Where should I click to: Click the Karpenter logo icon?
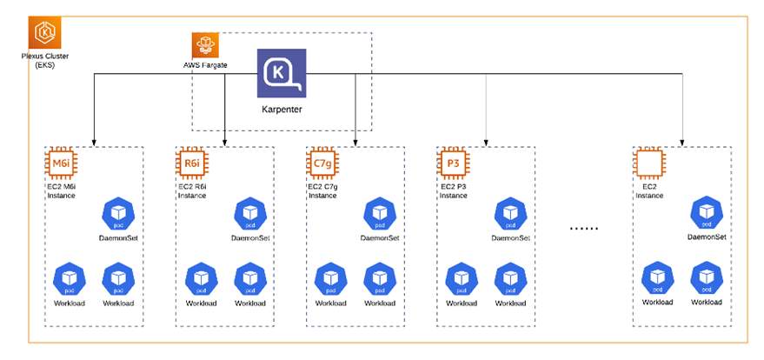(281, 73)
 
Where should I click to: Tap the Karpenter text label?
(281, 110)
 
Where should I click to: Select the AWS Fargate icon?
(207, 44)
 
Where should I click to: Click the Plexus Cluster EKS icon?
(44, 34)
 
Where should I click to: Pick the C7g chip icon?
(322, 163)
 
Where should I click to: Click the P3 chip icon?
(452, 163)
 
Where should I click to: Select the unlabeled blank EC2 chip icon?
(648, 163)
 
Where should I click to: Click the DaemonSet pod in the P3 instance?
(510, 213)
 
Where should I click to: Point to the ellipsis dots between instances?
(583, 228)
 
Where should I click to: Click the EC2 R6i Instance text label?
(196, 190)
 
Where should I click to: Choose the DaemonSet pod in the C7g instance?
(380, 213)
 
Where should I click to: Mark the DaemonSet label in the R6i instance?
(249, 237)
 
